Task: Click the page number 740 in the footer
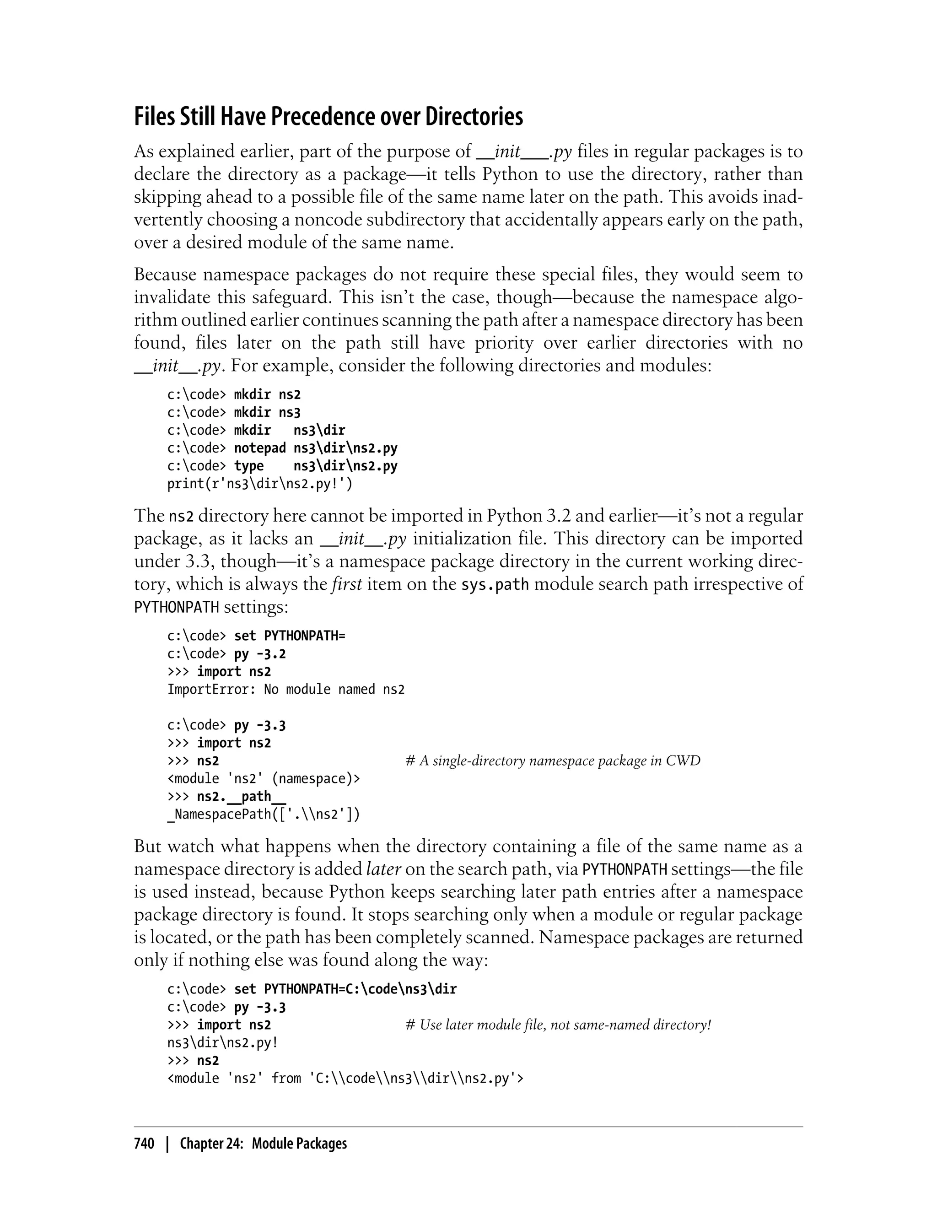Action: (144, 1144)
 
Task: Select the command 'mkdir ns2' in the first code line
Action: (267, 394)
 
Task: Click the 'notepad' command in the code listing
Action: (259, 448)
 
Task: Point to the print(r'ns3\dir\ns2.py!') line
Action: (260, 484)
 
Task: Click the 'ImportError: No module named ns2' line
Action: (285, 690)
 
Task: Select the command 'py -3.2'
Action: (259, 654)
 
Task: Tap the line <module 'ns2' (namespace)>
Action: (263, 779)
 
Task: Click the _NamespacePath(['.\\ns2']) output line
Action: (263, 815)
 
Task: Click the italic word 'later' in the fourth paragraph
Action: (384, 869)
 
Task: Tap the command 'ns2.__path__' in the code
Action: (241, 797)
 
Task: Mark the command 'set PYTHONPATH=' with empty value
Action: (290, 636)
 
